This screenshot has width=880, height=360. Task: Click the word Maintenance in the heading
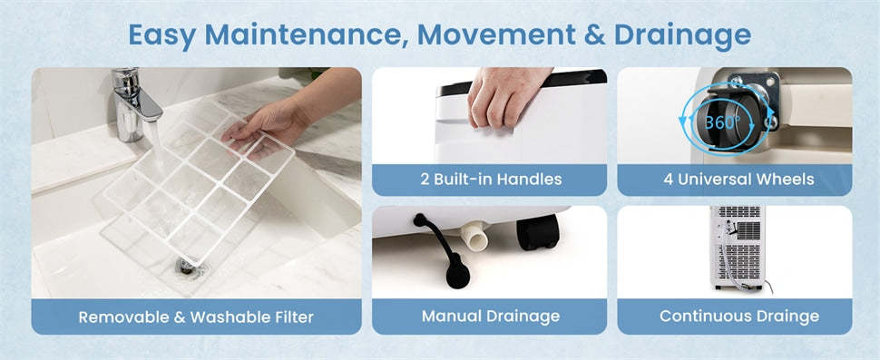coord(307,35)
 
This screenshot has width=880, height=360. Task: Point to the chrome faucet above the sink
coord(134,103)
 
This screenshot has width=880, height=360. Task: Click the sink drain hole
coord(186,265)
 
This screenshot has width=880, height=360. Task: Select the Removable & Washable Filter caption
coord(196,316)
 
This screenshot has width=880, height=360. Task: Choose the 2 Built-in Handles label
coord(491,180)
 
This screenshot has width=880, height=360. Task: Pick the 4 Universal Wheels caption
coord(738,180)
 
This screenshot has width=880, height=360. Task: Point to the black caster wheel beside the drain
coord(538,231)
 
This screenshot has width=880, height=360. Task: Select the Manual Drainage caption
coord(491,316)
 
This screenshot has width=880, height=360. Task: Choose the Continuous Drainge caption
coord(739,316)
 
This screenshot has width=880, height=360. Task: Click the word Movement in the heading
coord(496,35)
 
